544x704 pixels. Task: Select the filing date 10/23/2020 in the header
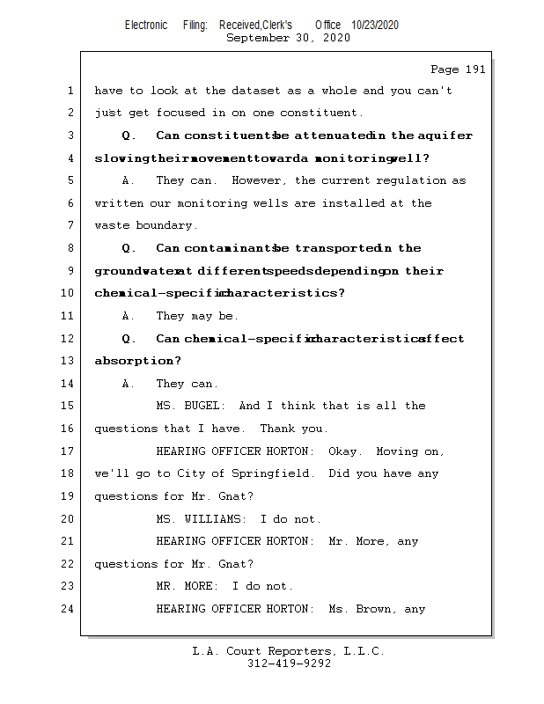374,26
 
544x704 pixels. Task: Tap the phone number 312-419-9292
289,664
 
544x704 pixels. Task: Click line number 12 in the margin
69,339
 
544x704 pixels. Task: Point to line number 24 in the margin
69,609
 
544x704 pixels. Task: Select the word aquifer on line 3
445,136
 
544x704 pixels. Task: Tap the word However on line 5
261,180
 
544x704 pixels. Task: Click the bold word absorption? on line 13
137,361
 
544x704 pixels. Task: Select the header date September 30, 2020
288,38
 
